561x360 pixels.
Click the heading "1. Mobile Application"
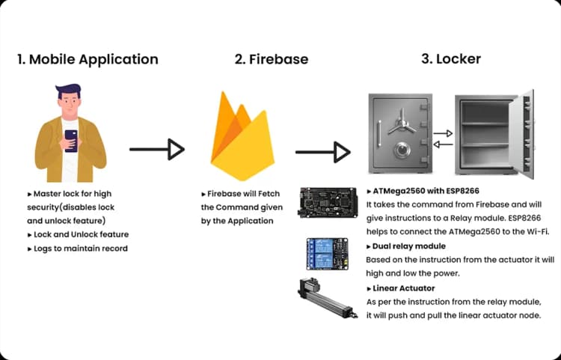[88, 59]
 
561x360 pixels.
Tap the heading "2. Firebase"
[272, 59]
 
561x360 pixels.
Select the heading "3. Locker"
[451, 58]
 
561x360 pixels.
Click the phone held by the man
[71, 141]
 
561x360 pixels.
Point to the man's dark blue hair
[68, 91]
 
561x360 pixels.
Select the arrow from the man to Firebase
[157, 149]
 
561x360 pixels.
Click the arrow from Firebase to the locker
[322, 152]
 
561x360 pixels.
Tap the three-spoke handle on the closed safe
[402, 123]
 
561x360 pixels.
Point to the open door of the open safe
[521, 134]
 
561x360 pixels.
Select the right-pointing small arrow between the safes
[443, 133]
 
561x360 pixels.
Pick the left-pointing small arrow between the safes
[443, 144]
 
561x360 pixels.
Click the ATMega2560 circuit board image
[328, 202]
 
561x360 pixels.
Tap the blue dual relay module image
[327, 254]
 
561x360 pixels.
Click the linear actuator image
[328, 298]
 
